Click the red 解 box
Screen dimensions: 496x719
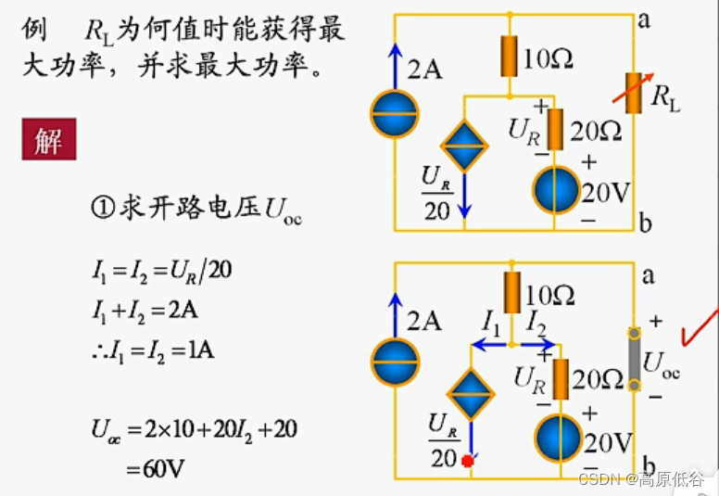click(49, 142)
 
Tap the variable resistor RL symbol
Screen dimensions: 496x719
click(636, 94)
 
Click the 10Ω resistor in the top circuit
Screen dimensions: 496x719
click(510, 57)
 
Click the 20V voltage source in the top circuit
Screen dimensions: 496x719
click(556, 191)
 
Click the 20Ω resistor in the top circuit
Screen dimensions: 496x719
click(555, 129)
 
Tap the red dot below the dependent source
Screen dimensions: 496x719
click(468, 459)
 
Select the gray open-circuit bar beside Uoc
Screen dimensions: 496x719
click(635, 359)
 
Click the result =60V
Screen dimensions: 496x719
click(155, 467)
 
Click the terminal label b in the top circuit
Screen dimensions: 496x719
click(645, 223)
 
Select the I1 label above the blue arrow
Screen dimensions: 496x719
click(491, 323)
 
